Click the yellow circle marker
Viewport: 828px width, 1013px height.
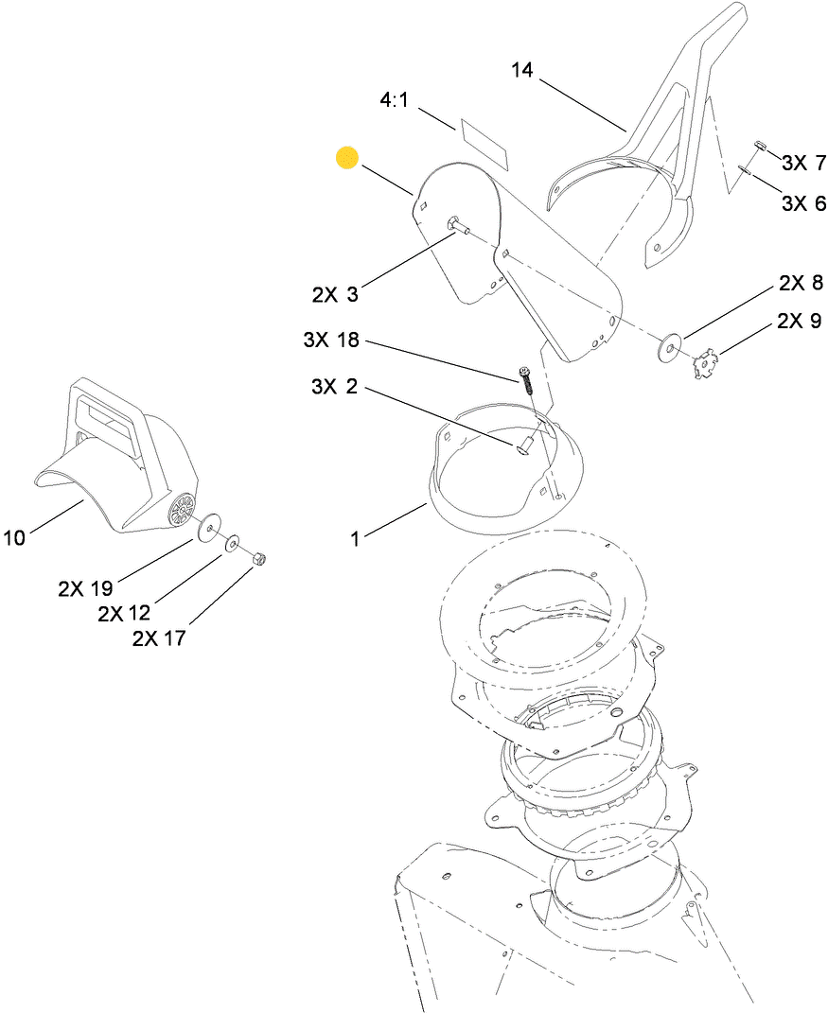[347, 158]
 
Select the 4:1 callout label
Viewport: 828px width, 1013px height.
[394, 100]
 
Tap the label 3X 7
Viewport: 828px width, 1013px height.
[803, 163]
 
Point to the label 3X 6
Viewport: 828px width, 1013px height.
[803, 203]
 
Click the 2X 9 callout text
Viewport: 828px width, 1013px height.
[799, 321]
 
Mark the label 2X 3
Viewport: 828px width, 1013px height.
[336, 294]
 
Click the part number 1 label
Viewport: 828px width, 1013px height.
[355, 539]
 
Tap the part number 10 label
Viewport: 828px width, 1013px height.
[14, 538]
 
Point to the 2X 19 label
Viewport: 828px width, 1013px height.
[85, 588]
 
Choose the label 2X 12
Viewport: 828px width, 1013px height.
[124, 614]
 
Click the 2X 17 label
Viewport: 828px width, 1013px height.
[159, 638]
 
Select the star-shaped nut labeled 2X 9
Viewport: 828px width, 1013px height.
[705, 361]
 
